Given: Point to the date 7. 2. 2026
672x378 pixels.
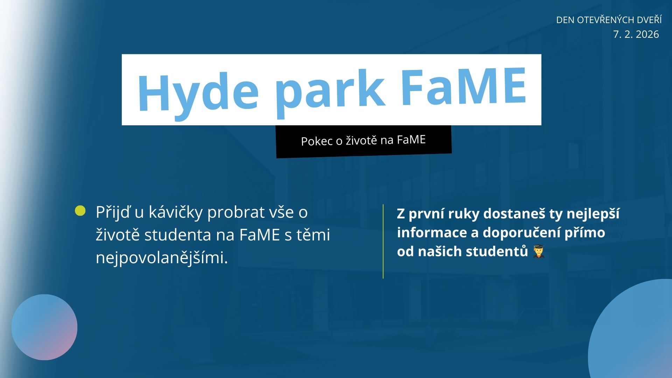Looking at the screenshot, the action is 636,34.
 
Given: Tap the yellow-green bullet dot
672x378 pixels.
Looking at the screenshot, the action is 80,211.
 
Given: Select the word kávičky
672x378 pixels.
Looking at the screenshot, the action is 176,212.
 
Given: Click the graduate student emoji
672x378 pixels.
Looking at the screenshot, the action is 538,251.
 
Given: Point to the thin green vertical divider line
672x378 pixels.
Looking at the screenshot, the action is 383,241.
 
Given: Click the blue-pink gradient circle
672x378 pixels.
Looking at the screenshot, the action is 44,327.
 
